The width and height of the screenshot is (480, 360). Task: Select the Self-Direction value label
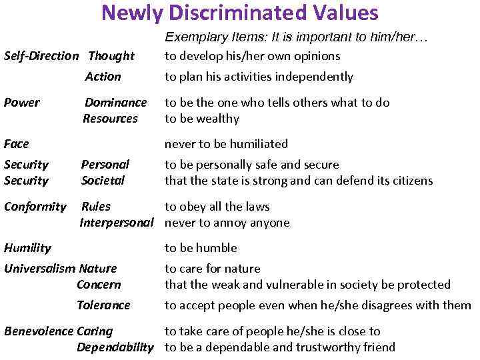coord(41,56)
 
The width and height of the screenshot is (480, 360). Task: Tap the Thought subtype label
coord(111,56)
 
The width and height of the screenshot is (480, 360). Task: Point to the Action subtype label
coord(103,77)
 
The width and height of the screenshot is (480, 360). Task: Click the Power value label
coord(21,103)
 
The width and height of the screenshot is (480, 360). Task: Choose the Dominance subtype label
coord(115,103)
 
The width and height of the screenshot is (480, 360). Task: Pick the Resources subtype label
coord(110,119)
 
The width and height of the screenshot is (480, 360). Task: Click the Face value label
coord(17,144)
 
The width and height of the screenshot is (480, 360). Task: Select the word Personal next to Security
coord(105,164)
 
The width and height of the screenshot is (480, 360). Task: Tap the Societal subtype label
coord(103,180)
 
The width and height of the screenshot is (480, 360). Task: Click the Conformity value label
coord(35,207)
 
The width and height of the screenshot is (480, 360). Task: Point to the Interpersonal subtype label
coord(117,223)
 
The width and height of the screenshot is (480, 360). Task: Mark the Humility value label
coord(27,248)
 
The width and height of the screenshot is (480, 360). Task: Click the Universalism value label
coord(40,269)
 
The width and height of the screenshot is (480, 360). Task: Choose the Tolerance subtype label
coord(103,305)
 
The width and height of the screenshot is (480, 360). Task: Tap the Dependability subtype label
coord(115,347)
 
